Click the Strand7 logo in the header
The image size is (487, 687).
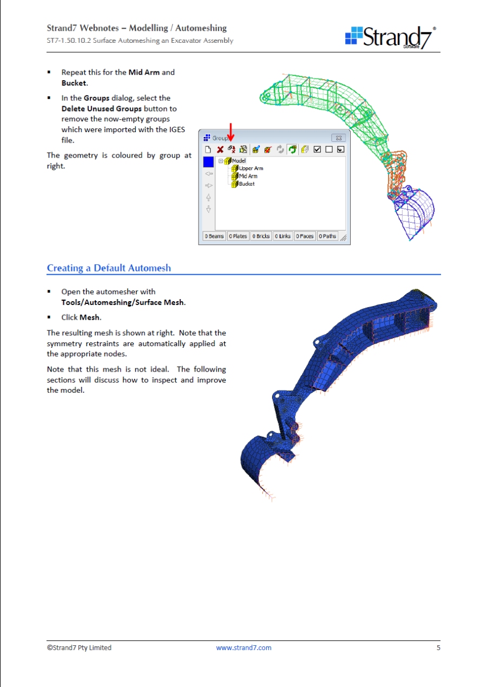coord(391,36)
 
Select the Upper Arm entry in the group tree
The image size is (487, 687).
coord(251,168)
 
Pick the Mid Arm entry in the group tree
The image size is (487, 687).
coord(248,176)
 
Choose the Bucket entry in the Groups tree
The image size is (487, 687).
coord(246,184)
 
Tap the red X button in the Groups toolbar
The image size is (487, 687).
coord(220,149)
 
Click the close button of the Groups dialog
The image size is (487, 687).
coord(338,138)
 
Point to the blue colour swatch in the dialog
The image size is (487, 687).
coord(208,162)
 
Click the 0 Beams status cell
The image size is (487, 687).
coord(214,236)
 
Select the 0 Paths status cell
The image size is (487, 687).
coord(327,236)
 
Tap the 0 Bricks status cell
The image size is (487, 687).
coord(260,236)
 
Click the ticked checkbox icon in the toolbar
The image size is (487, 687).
coord(317,149)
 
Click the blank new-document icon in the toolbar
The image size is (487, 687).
coord(208,149)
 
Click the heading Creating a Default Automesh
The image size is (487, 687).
coord(109,268)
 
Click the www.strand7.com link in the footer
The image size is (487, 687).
coord(243,647)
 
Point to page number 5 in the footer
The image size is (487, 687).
coord(438,647)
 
